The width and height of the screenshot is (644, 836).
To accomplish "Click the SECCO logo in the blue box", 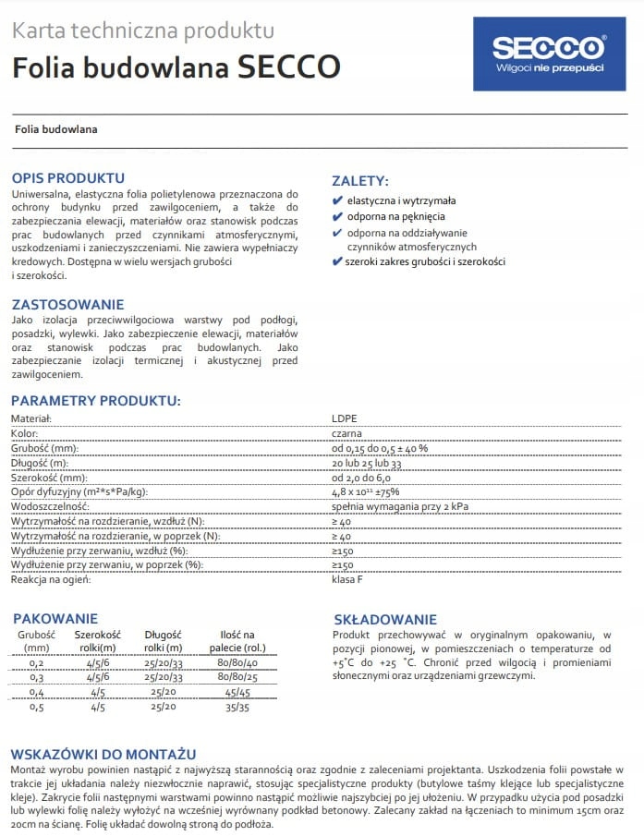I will [x=549, y=53].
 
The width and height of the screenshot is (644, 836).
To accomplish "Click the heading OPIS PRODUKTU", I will [x=67, y=177].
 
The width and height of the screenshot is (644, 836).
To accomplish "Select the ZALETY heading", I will [x=360, y=181].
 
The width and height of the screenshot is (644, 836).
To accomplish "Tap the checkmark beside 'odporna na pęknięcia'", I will [x=337, y=216].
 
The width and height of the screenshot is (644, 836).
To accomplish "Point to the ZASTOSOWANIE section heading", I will [x=67, y=304].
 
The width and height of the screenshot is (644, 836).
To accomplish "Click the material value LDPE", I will [x=344, y=418].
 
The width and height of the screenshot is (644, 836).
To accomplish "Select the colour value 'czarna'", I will [x=347, y=433].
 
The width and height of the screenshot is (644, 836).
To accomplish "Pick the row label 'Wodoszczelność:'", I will [x=49, y=507].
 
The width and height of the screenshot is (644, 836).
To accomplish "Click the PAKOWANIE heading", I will [x=55, y=618].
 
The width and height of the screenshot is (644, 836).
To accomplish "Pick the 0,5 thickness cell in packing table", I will [x=37, y=707].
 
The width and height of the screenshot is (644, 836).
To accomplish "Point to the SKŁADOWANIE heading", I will [x=384, y=619].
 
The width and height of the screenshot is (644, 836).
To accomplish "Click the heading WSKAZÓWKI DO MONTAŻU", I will [x=103, y=754].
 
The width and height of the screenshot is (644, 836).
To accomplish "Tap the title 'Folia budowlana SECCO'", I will [x=176, y=67].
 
